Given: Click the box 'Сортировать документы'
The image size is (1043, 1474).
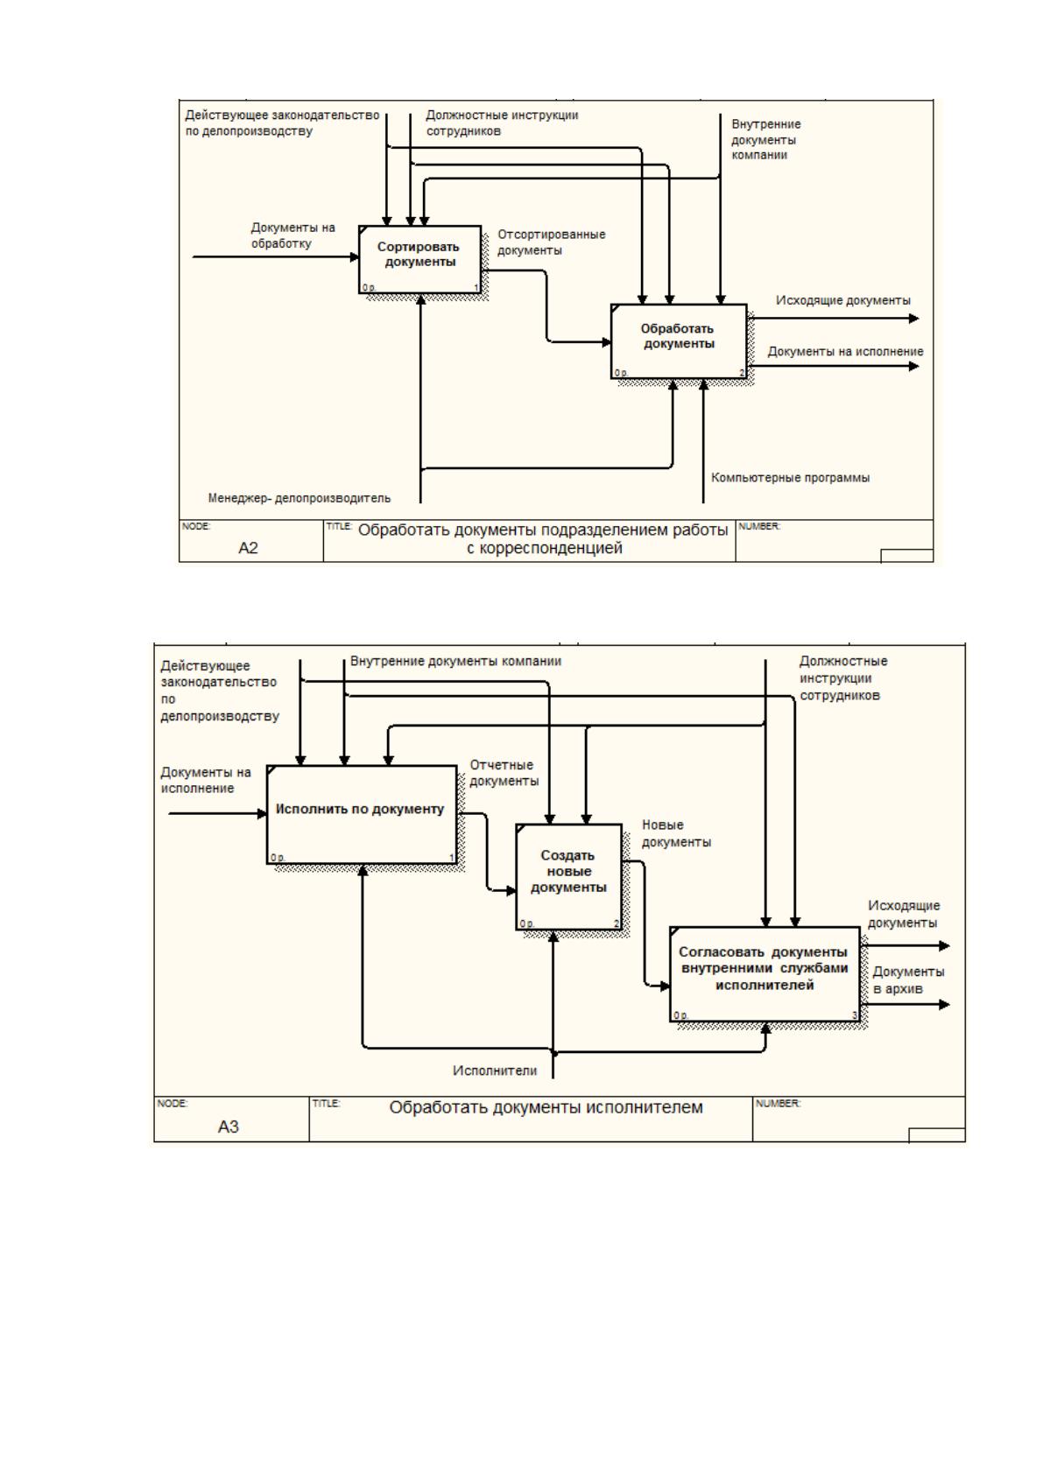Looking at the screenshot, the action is [x=419, y=259].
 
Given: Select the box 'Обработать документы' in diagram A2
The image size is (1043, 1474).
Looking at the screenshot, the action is [x=678, y=340].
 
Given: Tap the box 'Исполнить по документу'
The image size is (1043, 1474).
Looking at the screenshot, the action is [x=362, y=814].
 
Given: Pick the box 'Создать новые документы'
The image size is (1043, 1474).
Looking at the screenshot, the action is [x=569, y=876].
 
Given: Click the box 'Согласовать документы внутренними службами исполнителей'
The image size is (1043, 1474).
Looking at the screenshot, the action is [x=765, y=974].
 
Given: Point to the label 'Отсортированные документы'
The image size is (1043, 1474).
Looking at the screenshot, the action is [x=551, y=242].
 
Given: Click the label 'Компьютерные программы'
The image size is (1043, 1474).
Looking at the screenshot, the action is [x=790, y=477].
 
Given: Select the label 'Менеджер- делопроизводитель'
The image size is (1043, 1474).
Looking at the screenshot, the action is [x=299, y=498].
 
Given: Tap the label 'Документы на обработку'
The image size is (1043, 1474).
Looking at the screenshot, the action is [x=292, y=235].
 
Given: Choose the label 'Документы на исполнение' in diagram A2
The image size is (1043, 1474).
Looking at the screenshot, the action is [x=845, y=351].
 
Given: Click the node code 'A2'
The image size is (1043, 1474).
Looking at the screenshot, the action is [x=248, y=547].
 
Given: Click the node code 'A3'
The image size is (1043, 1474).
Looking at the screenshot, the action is [x=228, y=1127].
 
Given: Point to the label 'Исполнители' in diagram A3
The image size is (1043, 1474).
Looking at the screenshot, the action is [x=495, y=1070].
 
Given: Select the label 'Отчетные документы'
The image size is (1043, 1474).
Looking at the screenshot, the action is [x=504, y=773].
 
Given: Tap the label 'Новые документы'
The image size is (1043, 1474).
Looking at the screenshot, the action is [x=676, y=833].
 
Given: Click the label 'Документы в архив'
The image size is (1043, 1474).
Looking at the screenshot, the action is [x=908, y=979].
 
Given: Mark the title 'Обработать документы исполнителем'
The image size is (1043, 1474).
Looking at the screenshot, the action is [x=546, y=1107].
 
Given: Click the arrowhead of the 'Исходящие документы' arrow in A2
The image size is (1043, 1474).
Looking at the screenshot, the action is [x=914, y=319].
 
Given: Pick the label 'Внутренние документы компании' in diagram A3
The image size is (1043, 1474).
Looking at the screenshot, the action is [x=455, y=661].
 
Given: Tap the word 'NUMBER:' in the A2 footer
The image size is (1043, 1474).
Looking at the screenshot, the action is [x=759, y=526].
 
